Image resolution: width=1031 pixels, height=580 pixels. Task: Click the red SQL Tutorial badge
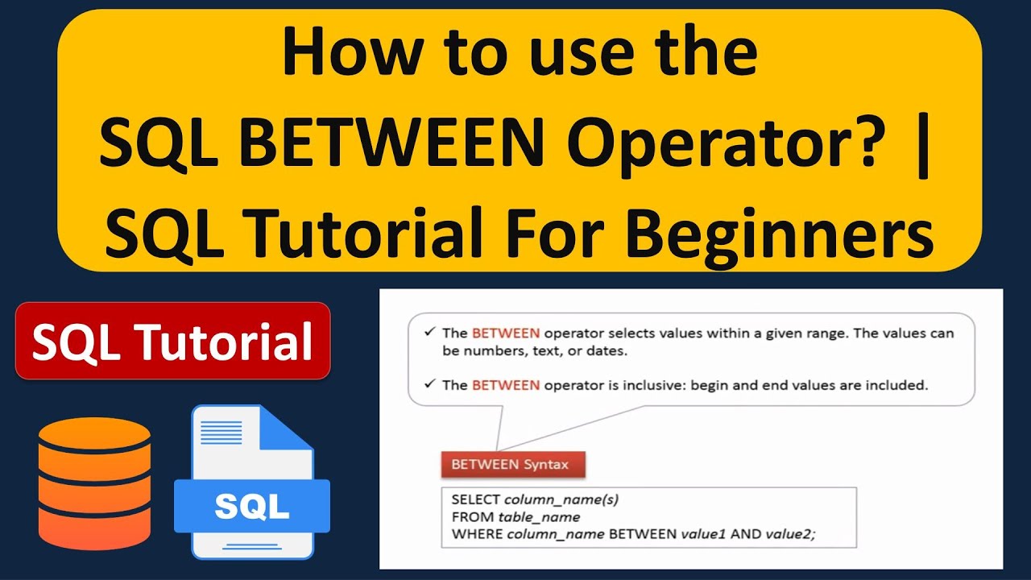[x=172, y=341]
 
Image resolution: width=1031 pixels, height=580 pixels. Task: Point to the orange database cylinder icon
[x=94, y=483]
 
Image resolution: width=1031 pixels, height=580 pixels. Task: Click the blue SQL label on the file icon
[x=252, y=507]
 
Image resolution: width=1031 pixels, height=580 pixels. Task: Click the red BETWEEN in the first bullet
[x=506, y=333]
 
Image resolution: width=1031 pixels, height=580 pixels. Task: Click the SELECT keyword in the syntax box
[x=475, y=499]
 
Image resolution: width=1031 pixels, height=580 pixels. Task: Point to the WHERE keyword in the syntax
[x=477, y=534]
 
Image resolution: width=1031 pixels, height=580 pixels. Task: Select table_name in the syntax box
[x=539, y=517]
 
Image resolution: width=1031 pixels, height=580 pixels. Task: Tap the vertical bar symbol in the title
[x=922, y=145]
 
